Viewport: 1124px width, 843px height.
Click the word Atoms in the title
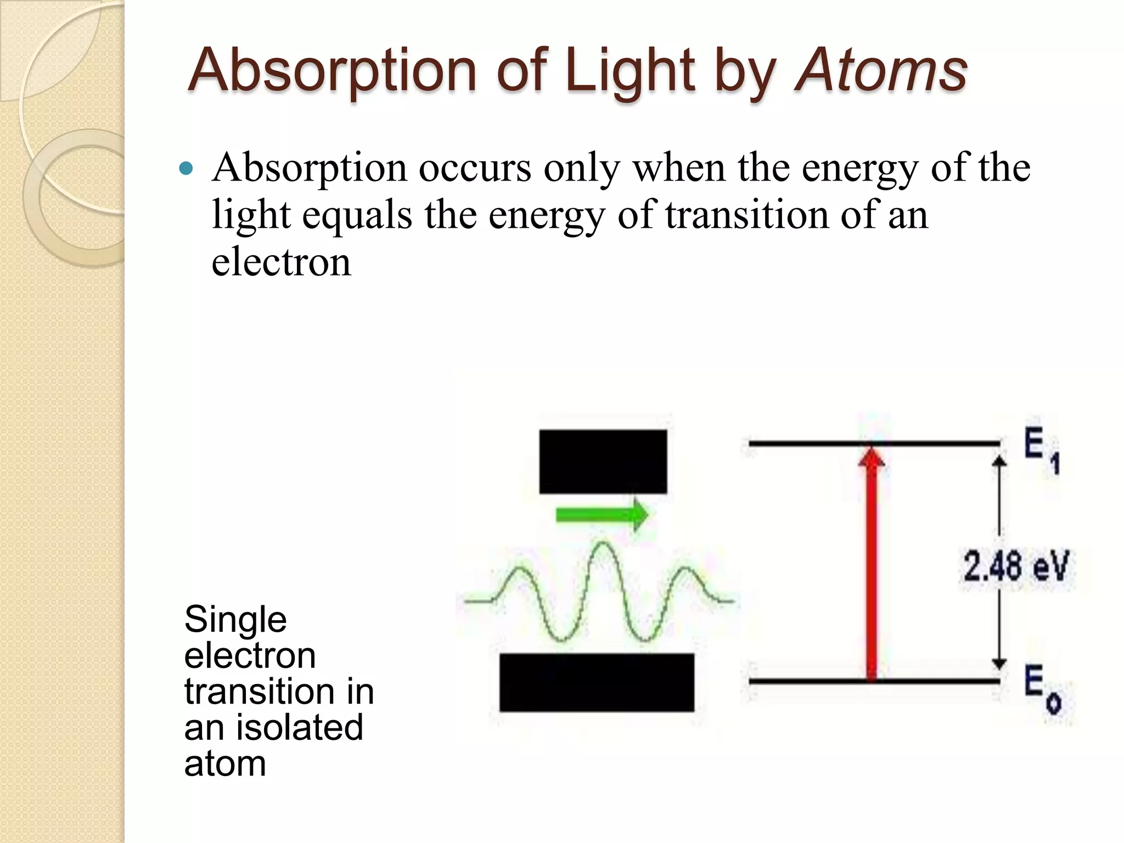tap(881, 70)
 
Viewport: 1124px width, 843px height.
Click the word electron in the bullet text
tap(281, 262)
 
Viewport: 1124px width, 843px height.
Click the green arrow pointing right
tap(602, 515)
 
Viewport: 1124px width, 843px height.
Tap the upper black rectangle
tap(603, 462)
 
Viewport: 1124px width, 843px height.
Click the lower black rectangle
tap(597, 682)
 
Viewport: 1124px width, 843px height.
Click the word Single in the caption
tap(235, 620)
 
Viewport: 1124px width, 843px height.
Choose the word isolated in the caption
tap(300, 727)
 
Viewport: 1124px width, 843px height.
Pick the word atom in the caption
tap(225, 763)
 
